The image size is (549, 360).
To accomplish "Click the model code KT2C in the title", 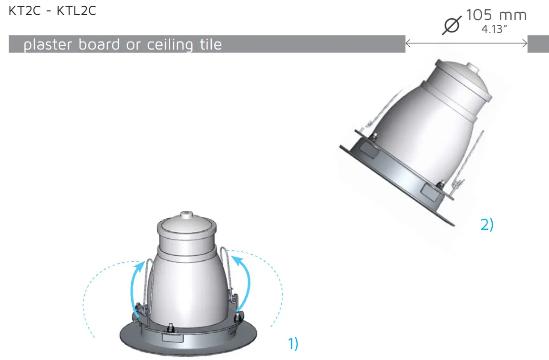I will pyautogui.click(x=23, y=11).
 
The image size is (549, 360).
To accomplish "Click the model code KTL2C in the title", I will pyautogui.click(x=76, y=11).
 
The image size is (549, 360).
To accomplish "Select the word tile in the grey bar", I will pyautogui.click(x=209, y=45).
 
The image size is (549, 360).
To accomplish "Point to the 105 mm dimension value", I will pyautogui.click(x=496, y=15).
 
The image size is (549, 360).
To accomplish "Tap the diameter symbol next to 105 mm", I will pyautogui.click(x=452, y=25).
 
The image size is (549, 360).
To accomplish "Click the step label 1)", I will pyautogui.click(x=293, y=343).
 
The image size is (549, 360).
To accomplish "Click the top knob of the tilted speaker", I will pyautogui.click(x=472, y=68).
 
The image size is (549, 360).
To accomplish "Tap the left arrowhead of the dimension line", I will pyautogui.click(x=408, y=44).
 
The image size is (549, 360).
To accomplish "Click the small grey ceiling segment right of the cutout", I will pyautogui.click(x=538, y=44).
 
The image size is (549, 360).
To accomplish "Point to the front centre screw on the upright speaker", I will pyautogui.click(x=170, y=329).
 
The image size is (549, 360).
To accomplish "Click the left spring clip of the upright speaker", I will pyautogui.click(x=146, y=286).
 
